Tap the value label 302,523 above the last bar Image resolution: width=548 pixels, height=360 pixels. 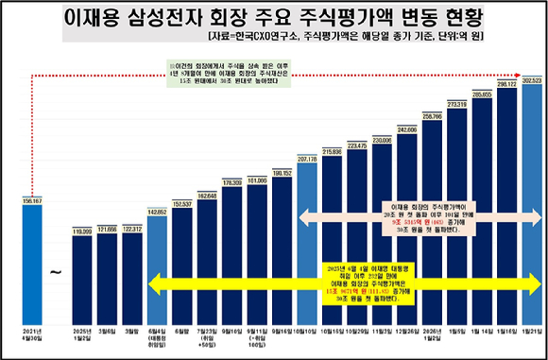531,80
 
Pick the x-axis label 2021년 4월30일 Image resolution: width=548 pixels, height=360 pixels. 33,335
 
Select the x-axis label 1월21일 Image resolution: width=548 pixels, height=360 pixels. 531,333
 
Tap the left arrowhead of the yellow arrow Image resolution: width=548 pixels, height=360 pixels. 156,281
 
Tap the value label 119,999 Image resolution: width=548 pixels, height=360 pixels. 82,231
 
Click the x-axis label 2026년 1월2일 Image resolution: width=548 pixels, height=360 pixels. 432,335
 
